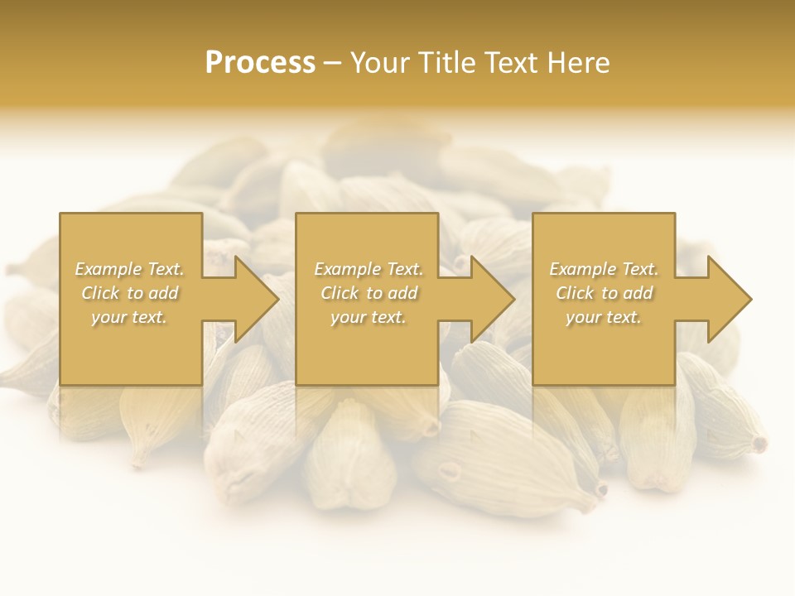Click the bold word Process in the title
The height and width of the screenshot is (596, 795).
point(260,63)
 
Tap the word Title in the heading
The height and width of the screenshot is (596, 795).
point(448,63)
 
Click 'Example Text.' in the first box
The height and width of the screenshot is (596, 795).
point(129,269)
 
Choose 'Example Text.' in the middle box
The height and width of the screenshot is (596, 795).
point(369,269)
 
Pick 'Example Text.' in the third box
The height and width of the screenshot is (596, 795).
point(604,269)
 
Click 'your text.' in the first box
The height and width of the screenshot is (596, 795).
point(129,317)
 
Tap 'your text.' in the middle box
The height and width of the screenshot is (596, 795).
point(369,317)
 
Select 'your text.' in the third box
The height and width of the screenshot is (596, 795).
point(604,317)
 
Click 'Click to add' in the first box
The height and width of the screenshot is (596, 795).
point(129,293)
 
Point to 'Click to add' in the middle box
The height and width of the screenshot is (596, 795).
point(369,293)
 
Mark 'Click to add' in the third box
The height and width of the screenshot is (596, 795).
point(604,293)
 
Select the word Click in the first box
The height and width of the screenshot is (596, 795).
point(101,293)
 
